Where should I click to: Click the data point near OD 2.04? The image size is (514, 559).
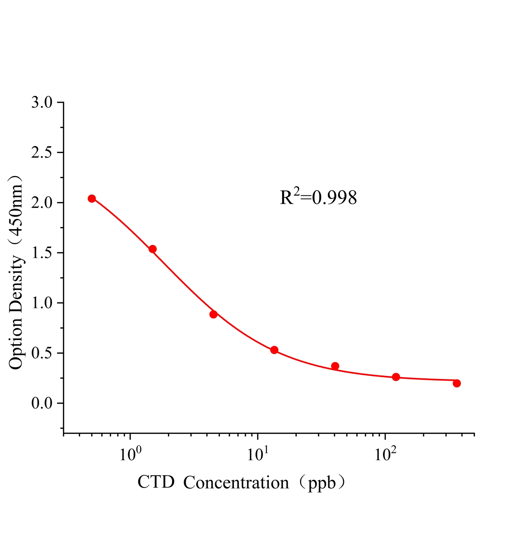click(92, 198)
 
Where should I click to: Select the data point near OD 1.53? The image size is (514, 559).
click(153, 249)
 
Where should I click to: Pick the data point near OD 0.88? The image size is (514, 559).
click(213, 314)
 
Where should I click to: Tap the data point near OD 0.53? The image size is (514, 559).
click(274, 350)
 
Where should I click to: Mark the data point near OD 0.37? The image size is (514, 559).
click(335, 366)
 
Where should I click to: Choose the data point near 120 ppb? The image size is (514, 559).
click(396, 377)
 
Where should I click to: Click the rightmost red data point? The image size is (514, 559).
click(457, 383)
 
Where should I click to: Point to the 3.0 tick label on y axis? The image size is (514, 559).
click(42, 103)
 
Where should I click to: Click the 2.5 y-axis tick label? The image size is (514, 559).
click(42, 153)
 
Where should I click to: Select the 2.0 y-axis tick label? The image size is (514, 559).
click(42, 203)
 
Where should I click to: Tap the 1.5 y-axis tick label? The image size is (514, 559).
click(42, 253)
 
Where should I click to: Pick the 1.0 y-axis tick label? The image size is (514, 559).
click(42, 303)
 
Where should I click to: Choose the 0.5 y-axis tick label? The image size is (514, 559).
click(42, 353)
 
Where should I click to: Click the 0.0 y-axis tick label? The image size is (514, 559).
click(42, 403)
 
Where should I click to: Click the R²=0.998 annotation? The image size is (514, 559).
click(318, 197)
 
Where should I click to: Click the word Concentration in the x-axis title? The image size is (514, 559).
click(236, 482)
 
